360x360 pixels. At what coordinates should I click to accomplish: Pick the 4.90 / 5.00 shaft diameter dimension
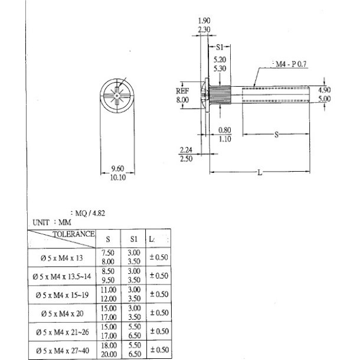(x=324, y=94)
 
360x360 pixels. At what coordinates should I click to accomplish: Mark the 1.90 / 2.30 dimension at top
(x=205, y=25)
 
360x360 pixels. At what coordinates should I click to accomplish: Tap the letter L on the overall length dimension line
(x=260, y=172)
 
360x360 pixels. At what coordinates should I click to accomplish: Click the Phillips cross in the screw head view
(x=117, y=94)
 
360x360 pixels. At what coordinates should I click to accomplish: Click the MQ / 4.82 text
(x=87, y=214)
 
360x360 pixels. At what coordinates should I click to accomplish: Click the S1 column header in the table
(x=133, y=240)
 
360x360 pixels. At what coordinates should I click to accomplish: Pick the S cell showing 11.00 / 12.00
(x=107, y=294)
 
